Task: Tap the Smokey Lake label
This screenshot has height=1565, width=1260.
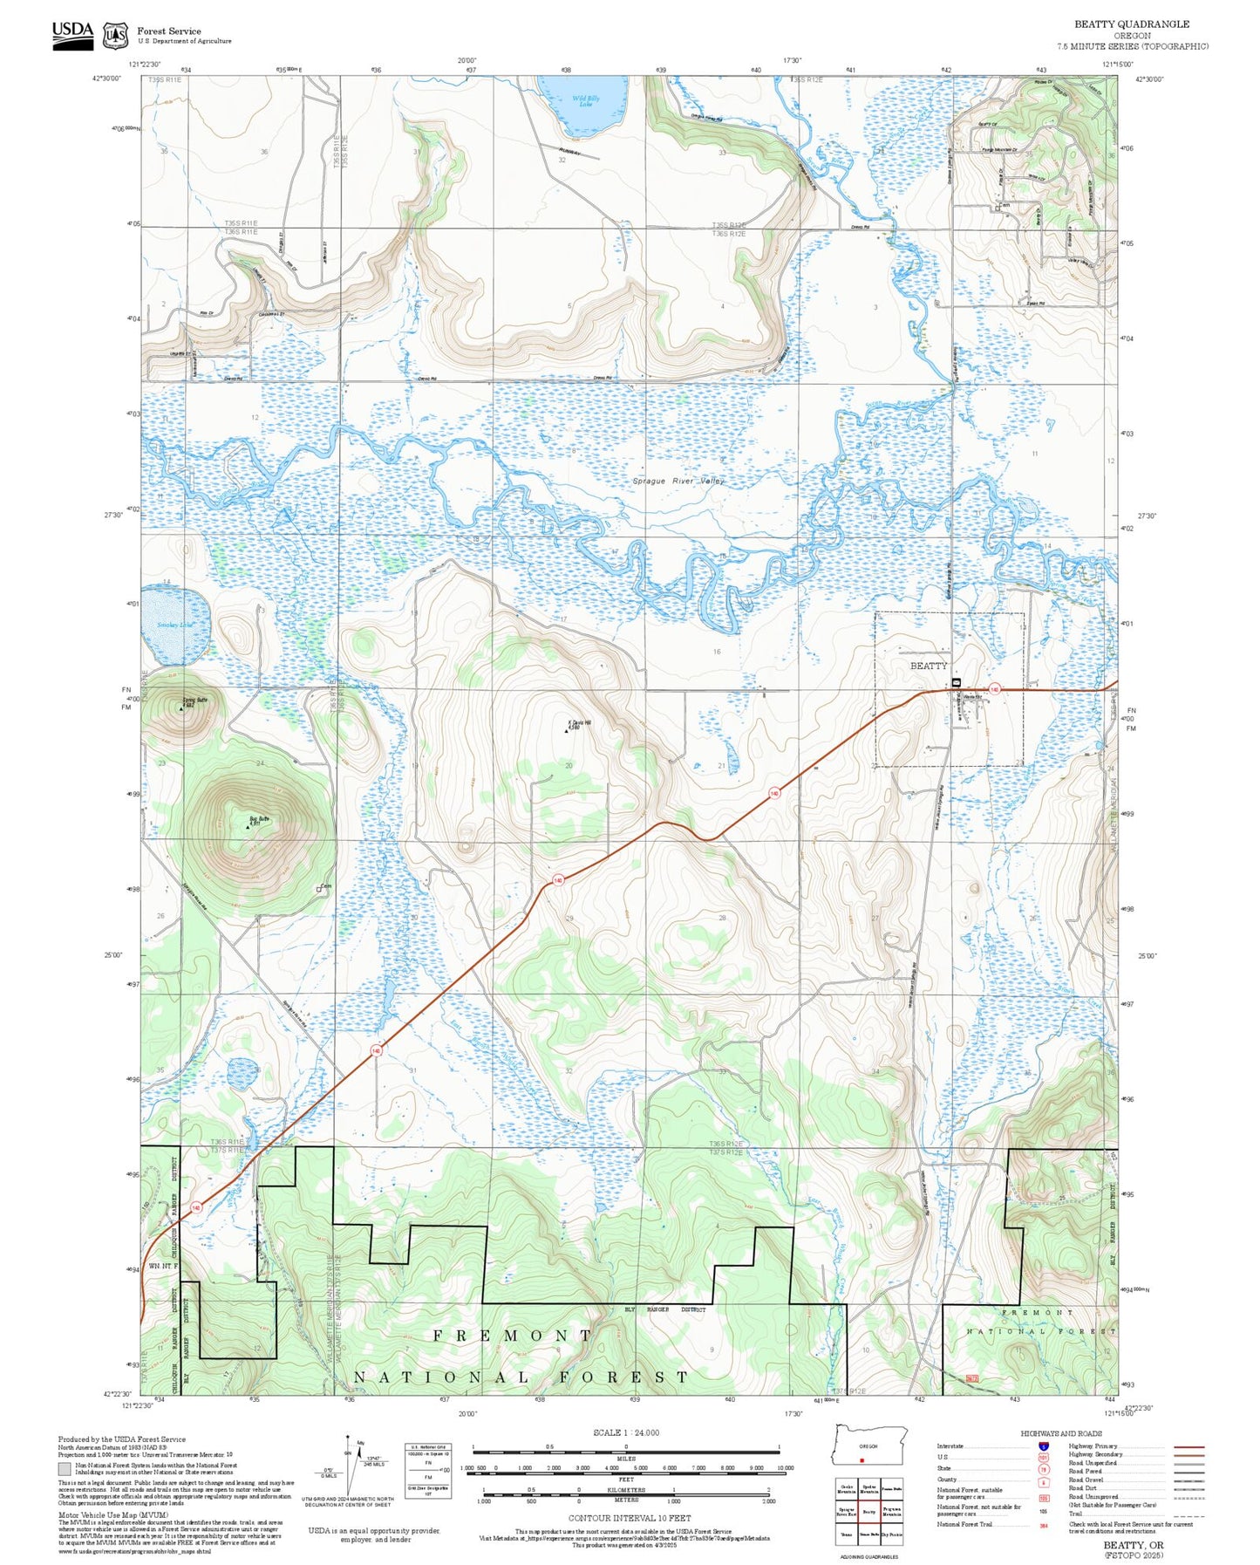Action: (x=173, y=625)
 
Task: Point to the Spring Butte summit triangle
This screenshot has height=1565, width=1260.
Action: (x=181, y=709)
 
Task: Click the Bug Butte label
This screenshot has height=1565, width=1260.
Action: (x=259, y=818)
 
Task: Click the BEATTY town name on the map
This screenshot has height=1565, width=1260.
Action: (x=928, y=666)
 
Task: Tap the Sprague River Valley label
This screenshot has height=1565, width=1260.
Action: (x=678, y=481)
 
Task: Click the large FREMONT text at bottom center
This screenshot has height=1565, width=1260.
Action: (x=513, y=1336)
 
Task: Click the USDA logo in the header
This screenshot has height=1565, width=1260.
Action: (x=72, y=34)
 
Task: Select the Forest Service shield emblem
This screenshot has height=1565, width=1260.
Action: (x=115, y=36)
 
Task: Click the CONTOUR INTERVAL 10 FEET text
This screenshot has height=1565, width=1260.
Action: (x=624, y=1519)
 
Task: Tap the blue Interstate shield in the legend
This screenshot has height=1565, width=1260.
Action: (x=1043, y=1446)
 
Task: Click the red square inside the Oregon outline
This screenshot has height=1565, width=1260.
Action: (x=862, y=1460)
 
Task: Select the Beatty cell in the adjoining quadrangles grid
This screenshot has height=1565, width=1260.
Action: (x=868, y=1512)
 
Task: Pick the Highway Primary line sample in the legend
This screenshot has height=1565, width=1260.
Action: (x=1188, y=1446)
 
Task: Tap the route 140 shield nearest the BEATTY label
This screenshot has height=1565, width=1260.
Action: (x=994, y=689)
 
